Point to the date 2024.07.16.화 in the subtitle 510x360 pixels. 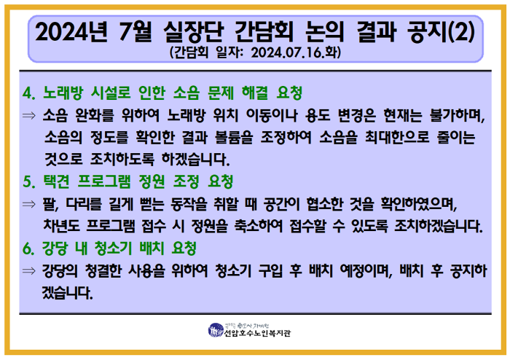[295, 53]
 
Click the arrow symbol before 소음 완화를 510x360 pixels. [29, 115]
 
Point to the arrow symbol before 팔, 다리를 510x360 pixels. [29, 203]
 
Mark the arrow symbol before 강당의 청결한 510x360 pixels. [29, 271]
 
